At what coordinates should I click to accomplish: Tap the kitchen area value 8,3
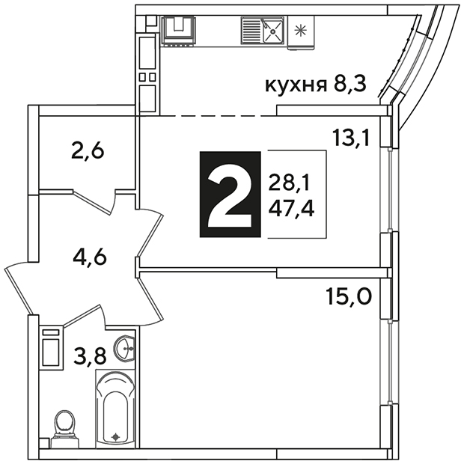pos(350,85)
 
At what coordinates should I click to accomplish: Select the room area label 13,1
pos(351,138)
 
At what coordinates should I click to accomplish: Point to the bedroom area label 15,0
pos(349,296)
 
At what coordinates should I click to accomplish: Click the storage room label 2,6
pos(88,151)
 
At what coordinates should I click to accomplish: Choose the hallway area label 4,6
pos(90,257)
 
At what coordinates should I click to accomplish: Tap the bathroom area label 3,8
pos(89,355)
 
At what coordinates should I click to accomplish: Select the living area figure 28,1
pos(289,183)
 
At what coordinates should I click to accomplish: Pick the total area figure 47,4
pos(291,208)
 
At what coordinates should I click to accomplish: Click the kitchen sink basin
pos(273,31)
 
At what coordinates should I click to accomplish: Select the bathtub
pos(115,409)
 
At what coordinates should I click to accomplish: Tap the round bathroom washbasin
pos(124,348)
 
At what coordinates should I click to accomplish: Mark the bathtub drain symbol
pos(115,436)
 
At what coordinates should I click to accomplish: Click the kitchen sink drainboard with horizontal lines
pos(251,31)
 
